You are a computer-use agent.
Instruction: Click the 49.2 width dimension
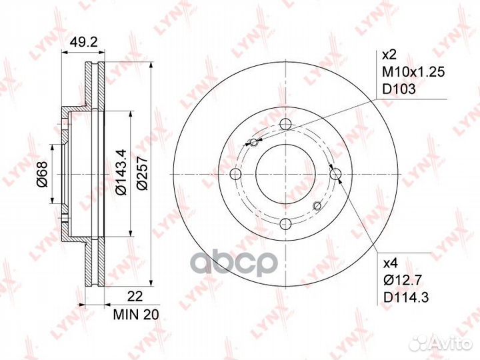click(x=83, y=42)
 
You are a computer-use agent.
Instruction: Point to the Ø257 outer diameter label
click(x=142, y=174)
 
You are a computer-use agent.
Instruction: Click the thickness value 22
click(x=135, y=297)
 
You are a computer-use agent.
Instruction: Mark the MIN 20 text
click(x=136, y=315)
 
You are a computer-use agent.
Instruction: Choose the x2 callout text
click(x=389, y=55)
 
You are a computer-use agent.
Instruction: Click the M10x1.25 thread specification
click(x=413, y=72)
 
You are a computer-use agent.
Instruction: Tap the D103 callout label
click(x=399, y=89)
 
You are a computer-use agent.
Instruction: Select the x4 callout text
click(x=390, y=263)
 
